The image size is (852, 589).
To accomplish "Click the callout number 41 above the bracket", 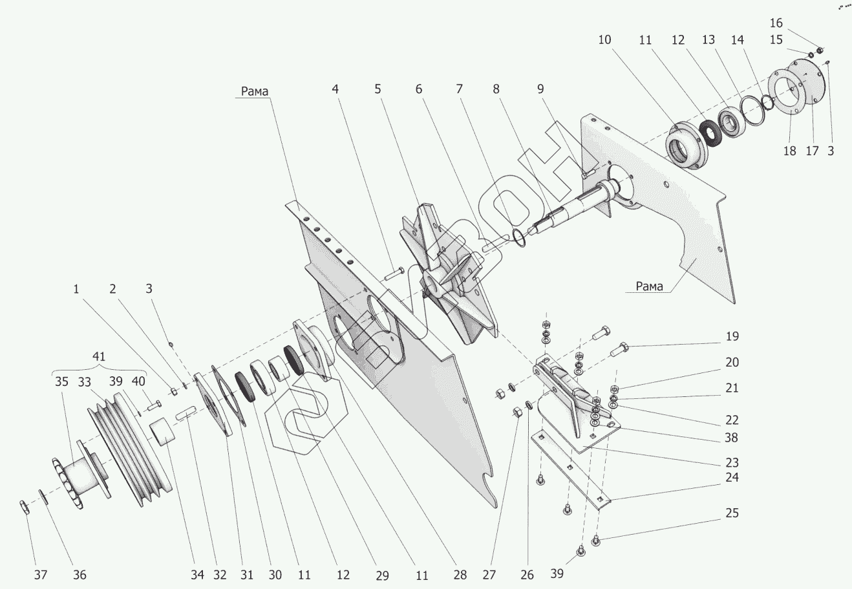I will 99,356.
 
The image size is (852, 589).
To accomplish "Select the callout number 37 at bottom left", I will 41,574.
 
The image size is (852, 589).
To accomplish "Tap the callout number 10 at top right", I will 604,39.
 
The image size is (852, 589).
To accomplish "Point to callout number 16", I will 776,24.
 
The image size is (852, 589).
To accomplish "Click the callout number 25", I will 731,513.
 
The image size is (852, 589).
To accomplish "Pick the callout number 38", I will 731,438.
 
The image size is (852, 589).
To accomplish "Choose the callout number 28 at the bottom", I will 460,574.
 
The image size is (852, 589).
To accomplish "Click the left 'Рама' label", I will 255,91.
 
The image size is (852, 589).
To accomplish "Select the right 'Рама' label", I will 649,286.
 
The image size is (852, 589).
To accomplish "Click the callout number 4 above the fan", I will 335,89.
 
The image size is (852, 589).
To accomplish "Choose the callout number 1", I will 76,289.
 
